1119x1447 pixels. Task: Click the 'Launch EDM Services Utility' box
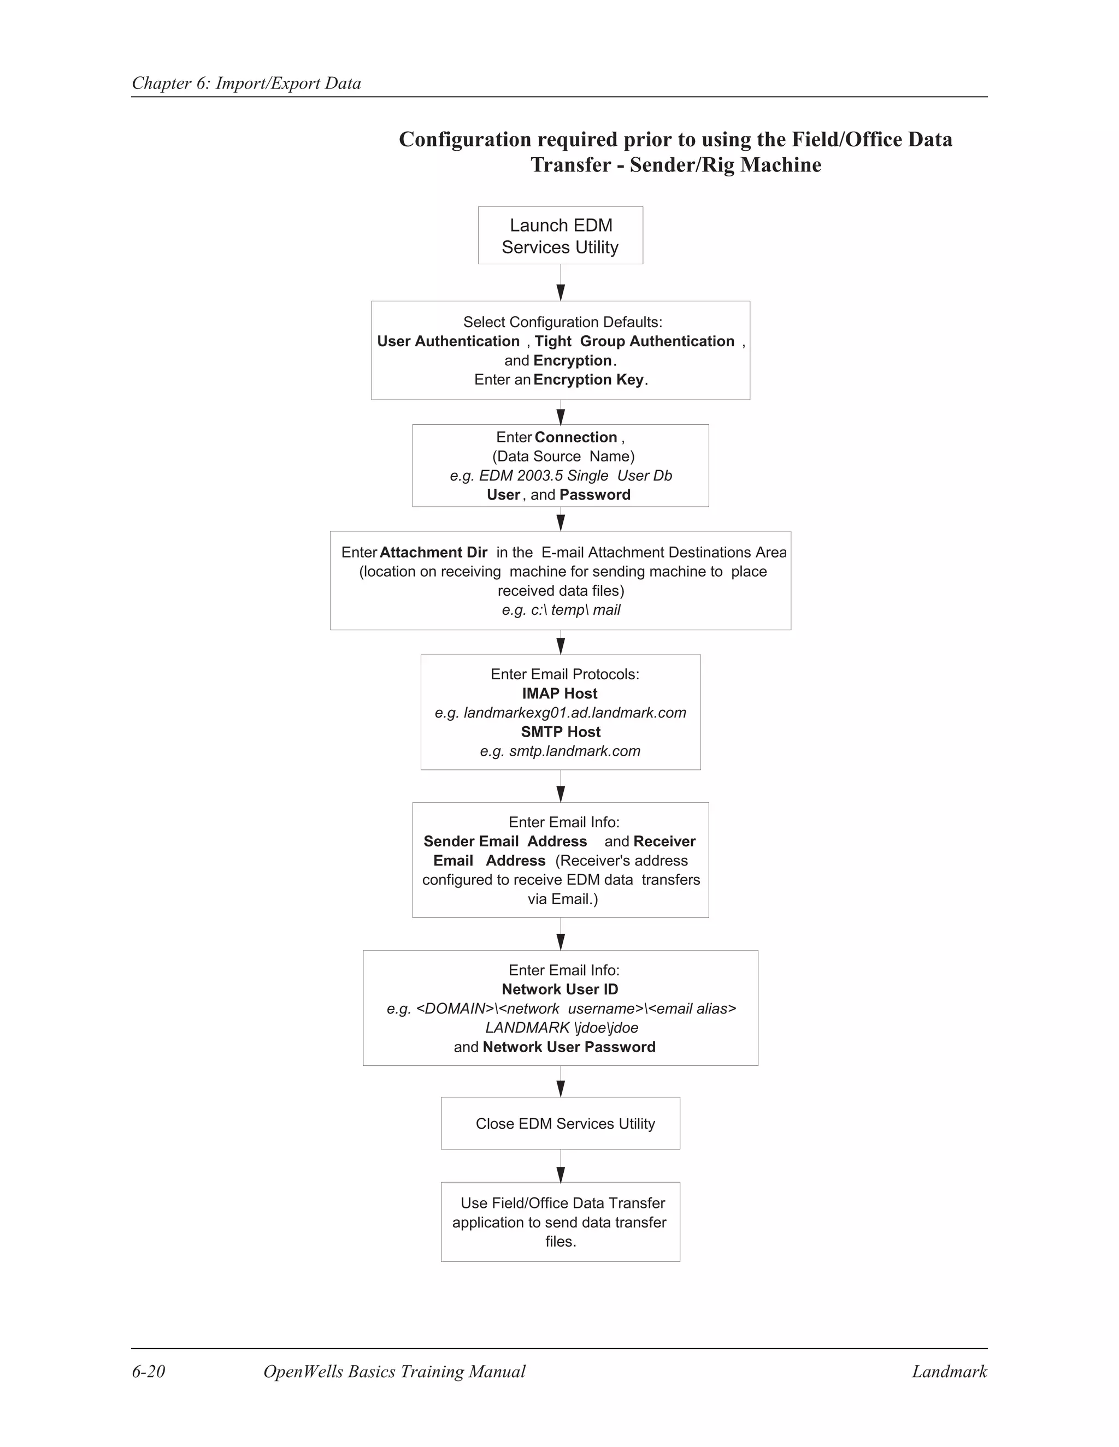pos(560,235)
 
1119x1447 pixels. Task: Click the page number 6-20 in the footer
pos(149,1372)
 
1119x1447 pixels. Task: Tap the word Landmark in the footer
pos(949,1372)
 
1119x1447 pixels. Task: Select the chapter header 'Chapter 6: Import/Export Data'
pos(246,84)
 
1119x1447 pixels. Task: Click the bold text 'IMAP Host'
pos(559,693)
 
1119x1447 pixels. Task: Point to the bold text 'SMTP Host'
pos(560,732)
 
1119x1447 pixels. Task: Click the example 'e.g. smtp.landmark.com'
pos(560,751)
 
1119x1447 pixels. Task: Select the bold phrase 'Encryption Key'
pos(588,379)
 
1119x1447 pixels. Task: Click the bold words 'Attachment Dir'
pos(433,553)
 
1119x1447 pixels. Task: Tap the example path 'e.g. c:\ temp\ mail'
pos(561,610)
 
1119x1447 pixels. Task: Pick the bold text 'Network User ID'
pos(559,990)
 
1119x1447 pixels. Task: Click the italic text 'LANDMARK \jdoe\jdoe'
pos(562,1028)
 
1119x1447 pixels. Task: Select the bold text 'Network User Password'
pos(569,1047)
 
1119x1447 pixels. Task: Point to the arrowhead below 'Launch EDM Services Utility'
pos(561,292)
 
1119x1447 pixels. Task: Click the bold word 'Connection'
pos(575,437)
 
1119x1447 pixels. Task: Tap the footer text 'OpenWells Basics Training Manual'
pos(394,1372)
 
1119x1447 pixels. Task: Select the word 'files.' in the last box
pos(561,1242)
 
